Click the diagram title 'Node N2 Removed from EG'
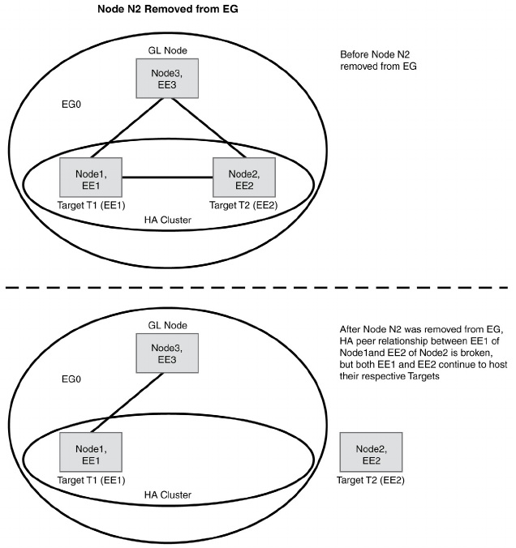pyautogui.click(x=168, y=9)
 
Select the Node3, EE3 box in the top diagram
pyautogui.click(x=167, y=79)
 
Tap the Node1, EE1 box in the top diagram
pyautogui.click(x=91, y=178)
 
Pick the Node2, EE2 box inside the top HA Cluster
pyautogui.click(x=244, y=178)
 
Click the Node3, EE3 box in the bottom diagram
pyautogui.click(x=167, y=353)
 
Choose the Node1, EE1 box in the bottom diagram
pyautogui.click(x=91, y=452)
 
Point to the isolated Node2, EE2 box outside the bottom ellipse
pyautogui.click(x=371, y=452)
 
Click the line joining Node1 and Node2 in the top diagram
pyautogui.click(x=168, y=178)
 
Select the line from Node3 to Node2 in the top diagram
pyautogui.click(x=209, y=128)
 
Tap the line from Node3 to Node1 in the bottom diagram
pyautogui.click(x=127, y=403)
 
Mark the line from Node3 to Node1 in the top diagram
pyautogui.click(x=127, y=128)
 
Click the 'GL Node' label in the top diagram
pyautogui.click(x=168, y=51)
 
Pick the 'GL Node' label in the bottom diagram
pyautogui.click(x=168, y=325)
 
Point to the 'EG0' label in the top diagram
pyautogui.click(x=71, y=104)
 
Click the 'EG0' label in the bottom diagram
pyautogui.click(x=71, y=379)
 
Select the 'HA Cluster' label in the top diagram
pyautogui.click(x=168, y=220)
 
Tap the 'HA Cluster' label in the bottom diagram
pyautogui.click(x=168, y=494)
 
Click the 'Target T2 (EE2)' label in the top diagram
pyautogui.click(x=243, y=205)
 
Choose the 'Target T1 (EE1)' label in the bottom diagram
pyautogui.click(x=92, y=480)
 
